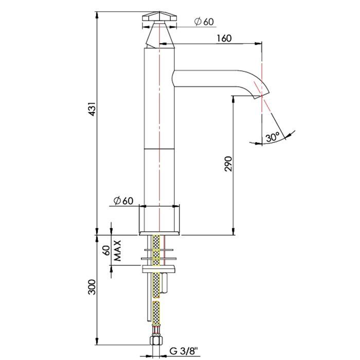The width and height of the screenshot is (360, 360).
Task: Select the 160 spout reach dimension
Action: point(224,39)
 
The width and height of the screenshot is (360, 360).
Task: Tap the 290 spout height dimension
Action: point(228,164)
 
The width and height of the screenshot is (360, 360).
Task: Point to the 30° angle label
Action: point(273,137)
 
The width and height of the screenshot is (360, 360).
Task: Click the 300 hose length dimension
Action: point(92,287)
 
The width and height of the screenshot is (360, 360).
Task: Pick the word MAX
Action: point(117,250)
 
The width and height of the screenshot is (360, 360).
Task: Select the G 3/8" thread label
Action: point(184,351)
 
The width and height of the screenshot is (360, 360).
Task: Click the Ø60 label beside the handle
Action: point(204,22)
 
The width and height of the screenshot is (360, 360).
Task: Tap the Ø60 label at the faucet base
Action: point(123,201)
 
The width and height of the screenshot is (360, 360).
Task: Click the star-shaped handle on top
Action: point(159,16)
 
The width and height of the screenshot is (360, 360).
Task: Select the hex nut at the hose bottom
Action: point(156,340)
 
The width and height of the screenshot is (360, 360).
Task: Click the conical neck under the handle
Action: point(159,34)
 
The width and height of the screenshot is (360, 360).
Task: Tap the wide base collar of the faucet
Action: point(159,220)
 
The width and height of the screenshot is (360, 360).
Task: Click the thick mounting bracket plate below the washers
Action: point(159,269)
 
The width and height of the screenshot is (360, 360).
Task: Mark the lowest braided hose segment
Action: point(156,313)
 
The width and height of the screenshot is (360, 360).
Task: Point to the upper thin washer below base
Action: point(159,249)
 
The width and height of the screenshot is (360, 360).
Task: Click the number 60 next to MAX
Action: point(107,250)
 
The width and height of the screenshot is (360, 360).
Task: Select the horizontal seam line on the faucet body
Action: point(159,149)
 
